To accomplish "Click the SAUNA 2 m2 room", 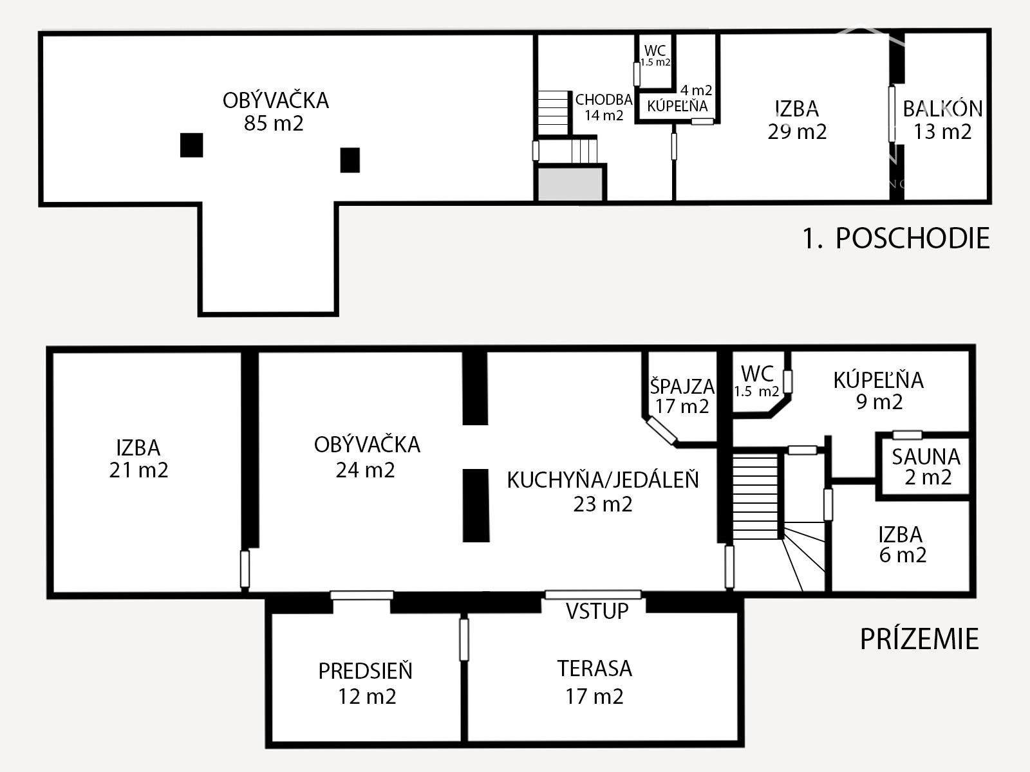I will pyautogui.click(x=925, y=467).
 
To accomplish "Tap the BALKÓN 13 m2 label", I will pyautogui.click(x=942, y=120).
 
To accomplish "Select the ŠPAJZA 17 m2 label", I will pyautogui.click(x=682, y=396).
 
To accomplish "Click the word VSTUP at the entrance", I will pyautogui.click(x=597, y=611).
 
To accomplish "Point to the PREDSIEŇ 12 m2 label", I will pyautogui.click(x=366, y=683).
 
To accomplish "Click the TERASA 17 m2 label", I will pyautogui.click(x=594, y=682).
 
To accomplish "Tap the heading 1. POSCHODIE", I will pyautogui.click(x=895, y=239).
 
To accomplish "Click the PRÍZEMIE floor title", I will pyautogui.click(x=919, y=639).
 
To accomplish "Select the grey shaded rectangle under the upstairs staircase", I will pyautogui.click(x=570, y=185).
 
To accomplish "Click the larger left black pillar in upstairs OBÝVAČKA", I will pyautogui.click(x=191, y=145).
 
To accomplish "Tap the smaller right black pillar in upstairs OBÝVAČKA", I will pyautogui.click(x=350, y=160).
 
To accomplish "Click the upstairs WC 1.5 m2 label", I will pyautogui.click(x=655, y=55).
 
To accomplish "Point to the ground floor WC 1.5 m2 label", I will pyautogui.click(x=757, y=381).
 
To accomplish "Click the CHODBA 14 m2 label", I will pyautogui.click(x=603, y=107).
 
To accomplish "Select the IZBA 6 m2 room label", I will pyautogui.click(x=901, y=544).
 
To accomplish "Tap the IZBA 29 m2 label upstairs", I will pyautogui.click(x=796, y=120).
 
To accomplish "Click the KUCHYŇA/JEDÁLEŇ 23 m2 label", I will pyautogui.click(x=603, y=492).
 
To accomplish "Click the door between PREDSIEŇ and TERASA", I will pyautogui.click(x=464, y=639).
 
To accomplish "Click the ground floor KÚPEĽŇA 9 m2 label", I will pyautogui.click(x=878, y=391).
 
